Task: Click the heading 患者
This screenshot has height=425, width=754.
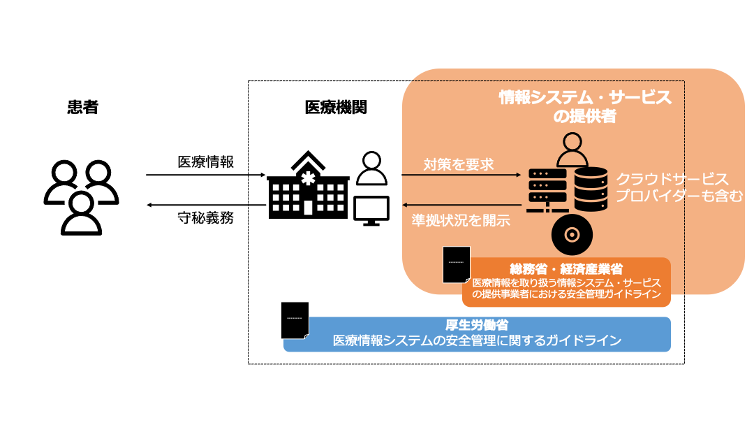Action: coord(83,108)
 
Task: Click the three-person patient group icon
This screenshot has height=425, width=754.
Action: coord(82,196)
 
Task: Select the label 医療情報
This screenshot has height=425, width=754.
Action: coord(206,161)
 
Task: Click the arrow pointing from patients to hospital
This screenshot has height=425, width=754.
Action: coord(206,175)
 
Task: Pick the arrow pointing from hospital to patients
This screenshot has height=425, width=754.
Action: coord(206,205)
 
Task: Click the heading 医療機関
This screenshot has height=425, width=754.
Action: coord(336,108)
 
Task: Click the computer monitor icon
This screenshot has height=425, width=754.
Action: coord(371,210)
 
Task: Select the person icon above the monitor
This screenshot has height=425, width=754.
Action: coord(371,168)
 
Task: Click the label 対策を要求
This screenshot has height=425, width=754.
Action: coord(459,165)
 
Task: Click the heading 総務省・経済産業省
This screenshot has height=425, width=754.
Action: coord(566,268)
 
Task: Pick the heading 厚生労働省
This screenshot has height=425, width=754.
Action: coord(477,325)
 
